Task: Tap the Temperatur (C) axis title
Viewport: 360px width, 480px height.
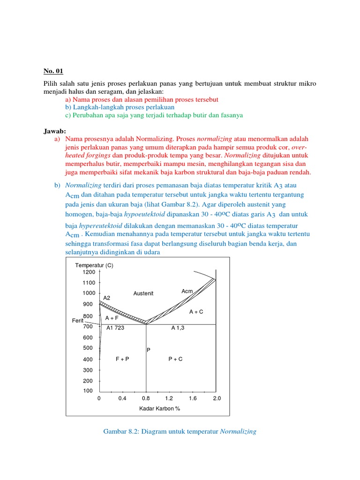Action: click(94, 265)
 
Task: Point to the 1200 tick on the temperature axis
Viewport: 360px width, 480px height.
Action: click(89, 272)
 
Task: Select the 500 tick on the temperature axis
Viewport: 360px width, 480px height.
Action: click(88, 348)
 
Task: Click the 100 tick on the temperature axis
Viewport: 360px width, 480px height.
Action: click(88, 391)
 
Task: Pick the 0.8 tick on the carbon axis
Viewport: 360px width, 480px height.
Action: click(146, 398)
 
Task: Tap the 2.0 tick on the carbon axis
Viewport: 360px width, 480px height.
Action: click(217, 398)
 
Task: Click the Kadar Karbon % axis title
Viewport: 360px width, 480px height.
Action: click(159, 408)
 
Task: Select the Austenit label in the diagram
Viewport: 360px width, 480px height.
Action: click(143, 293)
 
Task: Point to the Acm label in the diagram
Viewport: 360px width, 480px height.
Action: click(187, 292)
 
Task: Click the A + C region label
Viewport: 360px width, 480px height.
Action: click(196, 312)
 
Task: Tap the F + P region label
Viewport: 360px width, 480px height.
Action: click(122, 359)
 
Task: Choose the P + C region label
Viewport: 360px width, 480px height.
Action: click(175, 359)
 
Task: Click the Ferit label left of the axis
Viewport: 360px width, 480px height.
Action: click(77, 321)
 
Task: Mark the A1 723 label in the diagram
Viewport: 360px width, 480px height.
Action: click(115, 328)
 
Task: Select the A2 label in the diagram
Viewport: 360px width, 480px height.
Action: click(107, 298)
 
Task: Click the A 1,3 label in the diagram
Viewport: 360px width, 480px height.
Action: click(178, 328)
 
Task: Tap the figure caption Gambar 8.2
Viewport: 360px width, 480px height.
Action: click(180, 431)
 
